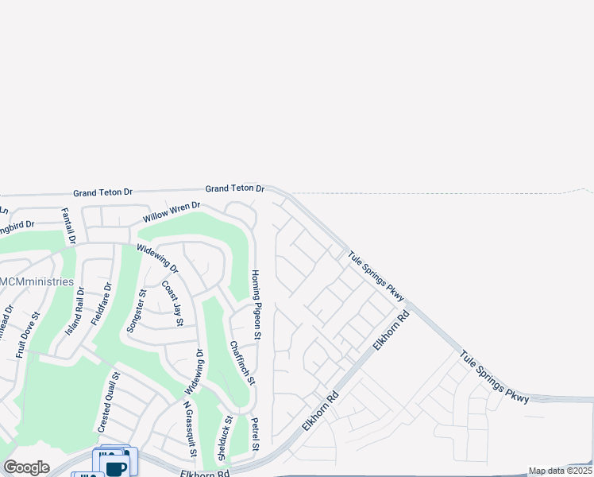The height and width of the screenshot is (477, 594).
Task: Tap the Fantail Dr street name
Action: tap(68, 226)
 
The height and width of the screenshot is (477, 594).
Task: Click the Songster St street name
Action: tap(137, 311)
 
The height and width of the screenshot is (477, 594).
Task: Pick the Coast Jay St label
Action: tap(172, 303)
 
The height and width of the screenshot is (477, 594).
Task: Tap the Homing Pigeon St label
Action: tap(256, 304)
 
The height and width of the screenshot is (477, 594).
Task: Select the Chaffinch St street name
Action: tap(242, 363)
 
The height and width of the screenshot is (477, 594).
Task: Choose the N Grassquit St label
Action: tap(189, 429)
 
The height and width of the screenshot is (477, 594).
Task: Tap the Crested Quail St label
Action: tap(108, 403)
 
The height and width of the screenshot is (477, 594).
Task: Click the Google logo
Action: tap(26, 467)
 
